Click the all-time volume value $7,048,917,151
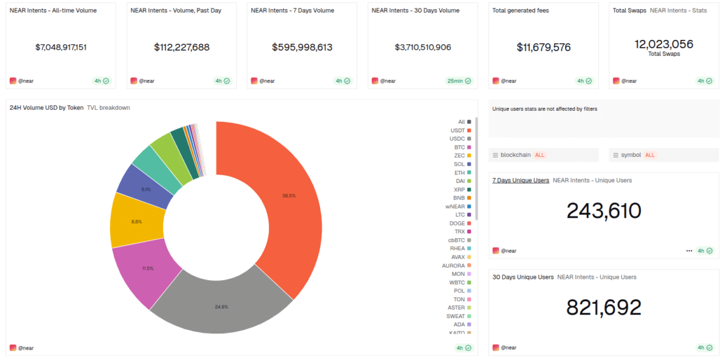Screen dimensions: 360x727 click(x=61, y=47)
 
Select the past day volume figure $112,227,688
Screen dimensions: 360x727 click(x=182, y=47)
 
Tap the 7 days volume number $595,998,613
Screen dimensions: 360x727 click(x=302, y=47)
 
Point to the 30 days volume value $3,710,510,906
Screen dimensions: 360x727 click(x=423, y=47)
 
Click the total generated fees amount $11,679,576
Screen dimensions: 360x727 click(x=543, y=47)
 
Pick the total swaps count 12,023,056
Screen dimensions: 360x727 click(x=664, y=44)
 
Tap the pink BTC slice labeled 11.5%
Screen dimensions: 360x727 click(x=145, y=269)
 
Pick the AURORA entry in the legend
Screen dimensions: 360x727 click(x=456, y=265)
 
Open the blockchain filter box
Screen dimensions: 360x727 click(x=543, y=155)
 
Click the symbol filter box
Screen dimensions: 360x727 click(x=663, y=155)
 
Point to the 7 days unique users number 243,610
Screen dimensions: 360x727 click(x=603, y=211)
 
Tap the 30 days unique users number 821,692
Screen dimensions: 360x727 click(x=603, y=307)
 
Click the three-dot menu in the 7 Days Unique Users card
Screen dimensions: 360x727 click(x=689, y=250)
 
